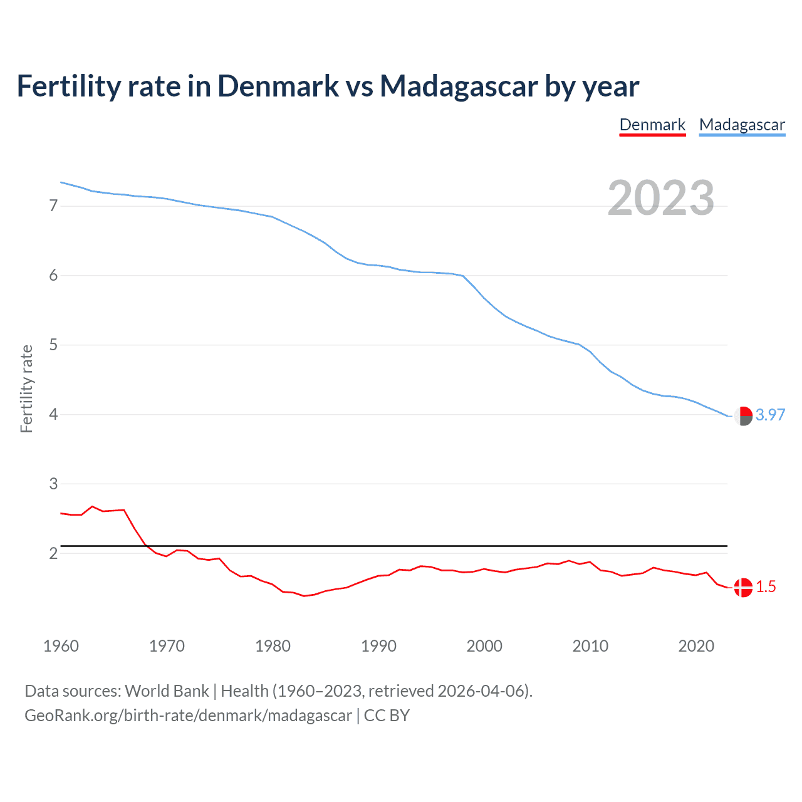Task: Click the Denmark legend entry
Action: pos(652,125)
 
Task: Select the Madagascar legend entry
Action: pos(742,125)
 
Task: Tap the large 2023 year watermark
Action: pos(661,198)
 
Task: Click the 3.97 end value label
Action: pos(770,415)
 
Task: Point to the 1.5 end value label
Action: pos(766,586)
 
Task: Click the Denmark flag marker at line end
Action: pos(743,588)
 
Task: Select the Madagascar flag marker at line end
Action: pos(743,416)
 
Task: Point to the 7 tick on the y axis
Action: pos(53,206)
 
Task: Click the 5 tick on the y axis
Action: pos(53,345)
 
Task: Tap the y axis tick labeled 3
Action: pos(53,484)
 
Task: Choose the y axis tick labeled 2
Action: pos(53,553)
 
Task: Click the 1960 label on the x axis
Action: pos(61,646)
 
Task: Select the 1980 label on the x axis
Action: pos(273,646)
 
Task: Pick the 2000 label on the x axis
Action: pos(484,646)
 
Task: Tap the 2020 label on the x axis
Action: pos(696,646)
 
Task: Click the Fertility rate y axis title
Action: pos(26,388)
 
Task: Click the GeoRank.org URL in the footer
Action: pos(188,716)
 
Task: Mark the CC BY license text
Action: pos(387,716)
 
